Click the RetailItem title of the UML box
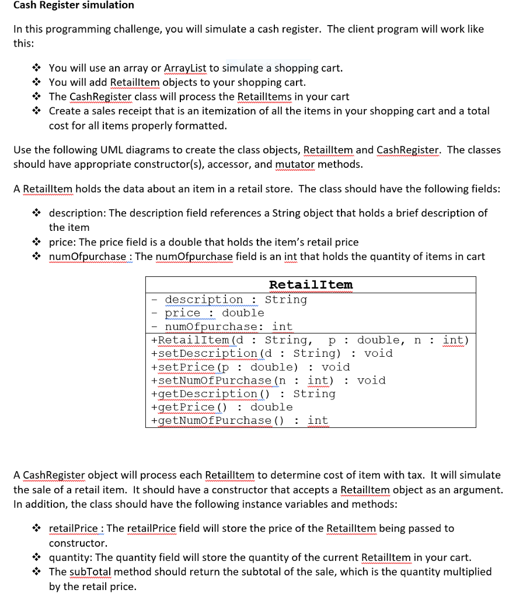click(311, 285)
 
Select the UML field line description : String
click(235, 300)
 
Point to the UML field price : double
click(214, 313)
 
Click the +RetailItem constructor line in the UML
click(309, 340)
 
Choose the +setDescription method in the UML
click(271, 353)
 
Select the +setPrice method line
click(250, 367)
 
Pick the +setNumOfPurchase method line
click(268, 381)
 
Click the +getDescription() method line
click(243, 394)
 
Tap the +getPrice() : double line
click(221, 408)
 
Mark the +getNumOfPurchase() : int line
click(239, 421)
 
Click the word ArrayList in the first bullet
click(186, 68)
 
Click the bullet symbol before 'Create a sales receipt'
click(37, 111)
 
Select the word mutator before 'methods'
click(295, 164)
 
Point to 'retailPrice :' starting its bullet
click(76, 529)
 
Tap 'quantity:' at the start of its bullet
click(71, 557)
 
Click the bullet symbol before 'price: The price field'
click(37, 242)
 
